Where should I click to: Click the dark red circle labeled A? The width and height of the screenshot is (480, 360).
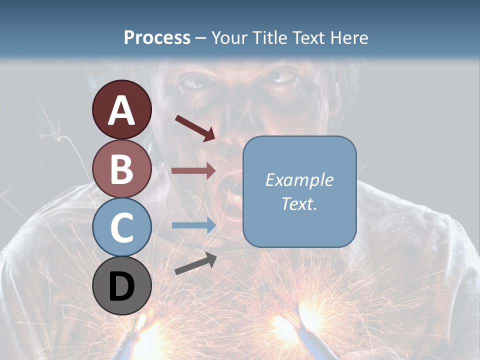click(121, 109)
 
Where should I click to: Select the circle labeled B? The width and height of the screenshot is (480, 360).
click(121, 168)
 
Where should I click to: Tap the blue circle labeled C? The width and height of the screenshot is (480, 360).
click(121, 227)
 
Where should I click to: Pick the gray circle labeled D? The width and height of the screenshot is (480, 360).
click(121, 285)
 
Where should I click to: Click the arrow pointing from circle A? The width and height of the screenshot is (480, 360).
click(195, 127)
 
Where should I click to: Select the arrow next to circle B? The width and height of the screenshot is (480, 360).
click(193, 171)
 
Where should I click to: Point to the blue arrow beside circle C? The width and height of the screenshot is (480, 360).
click(193, 225)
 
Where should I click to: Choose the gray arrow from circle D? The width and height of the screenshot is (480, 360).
click(195, 263)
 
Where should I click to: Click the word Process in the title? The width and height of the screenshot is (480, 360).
click(157, 37)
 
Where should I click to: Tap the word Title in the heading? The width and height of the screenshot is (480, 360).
click(270, 37)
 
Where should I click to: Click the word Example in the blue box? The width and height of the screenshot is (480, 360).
click(299, 180)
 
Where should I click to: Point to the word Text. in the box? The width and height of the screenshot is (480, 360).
click(299, 203)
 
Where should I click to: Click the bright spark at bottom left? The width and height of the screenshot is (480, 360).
click(150, 335)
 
